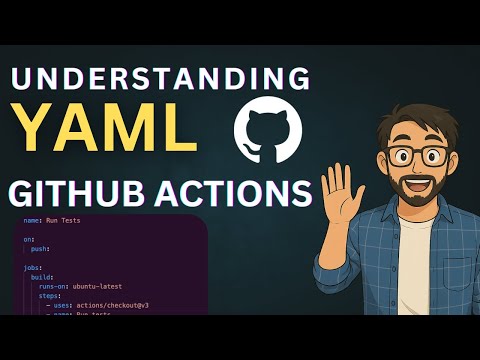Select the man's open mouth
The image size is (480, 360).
[421, 186]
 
